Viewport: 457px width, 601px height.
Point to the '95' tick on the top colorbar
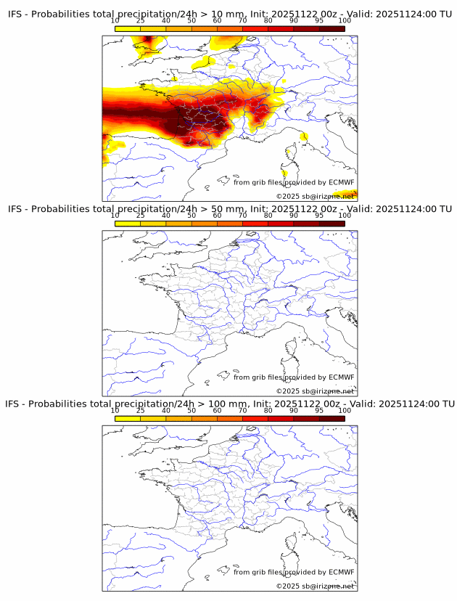[x=319, y=20]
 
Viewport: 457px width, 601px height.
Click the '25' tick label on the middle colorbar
[x=140, y=216]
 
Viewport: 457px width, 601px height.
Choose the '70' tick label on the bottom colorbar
[x=242, y=410]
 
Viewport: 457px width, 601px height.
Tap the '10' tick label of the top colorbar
[x=115, y=20]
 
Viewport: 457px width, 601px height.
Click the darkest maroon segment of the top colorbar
[x=332, y=28]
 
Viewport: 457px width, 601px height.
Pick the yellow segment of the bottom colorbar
[x=128, y=418]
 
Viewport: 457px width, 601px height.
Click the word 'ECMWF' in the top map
[x=341, y=182]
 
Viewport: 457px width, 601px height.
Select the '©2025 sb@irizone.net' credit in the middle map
[x=316, y=391]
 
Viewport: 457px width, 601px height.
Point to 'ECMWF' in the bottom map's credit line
[x=341, y=572]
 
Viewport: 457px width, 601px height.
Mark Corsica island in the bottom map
[x=292, y=544]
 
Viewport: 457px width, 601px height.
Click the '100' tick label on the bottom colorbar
[x=345, y=410]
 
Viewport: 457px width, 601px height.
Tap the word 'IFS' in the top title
[x=16, y=14]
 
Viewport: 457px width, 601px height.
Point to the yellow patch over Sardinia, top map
[x=285, y=173]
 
